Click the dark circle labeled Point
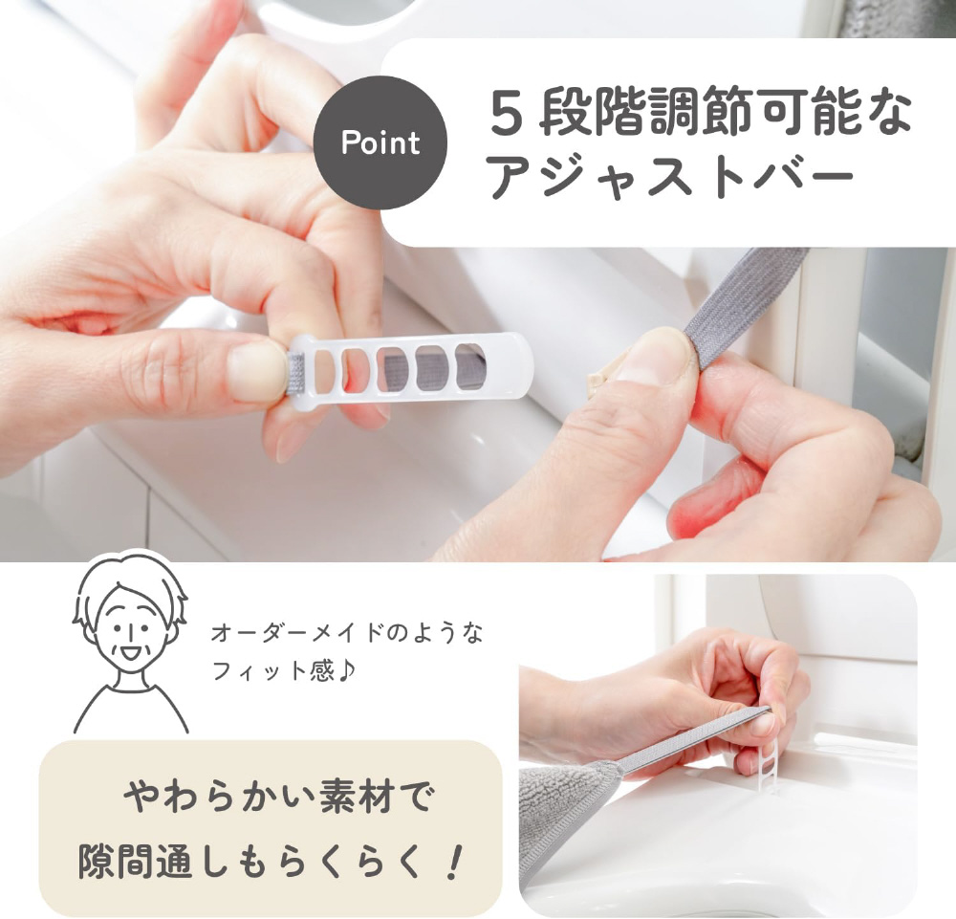tap(380, 142)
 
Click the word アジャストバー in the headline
tap(671, 178)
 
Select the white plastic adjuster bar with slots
tap(411, 366)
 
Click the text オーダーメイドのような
tap(347, 633)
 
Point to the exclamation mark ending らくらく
tap(452, 862)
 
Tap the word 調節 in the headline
tap(702, 113)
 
